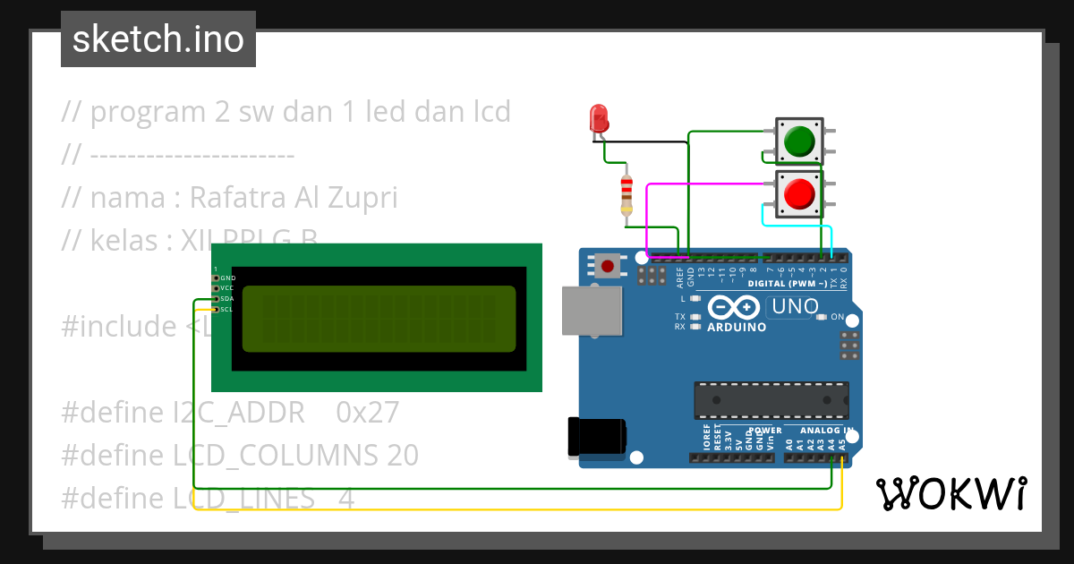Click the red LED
pos(599,118)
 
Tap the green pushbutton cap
pos(798,141)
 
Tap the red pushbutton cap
pos(798,193)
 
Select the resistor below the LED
pos(626,194)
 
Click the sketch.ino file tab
pos(158,39)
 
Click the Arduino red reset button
pos(609,265)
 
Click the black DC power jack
pos(594,438)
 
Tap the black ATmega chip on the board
pos(771,398)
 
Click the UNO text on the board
pos(794,307)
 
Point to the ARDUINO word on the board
pos(737,327)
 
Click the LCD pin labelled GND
pos(216,278)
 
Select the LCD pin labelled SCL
pos(216,309)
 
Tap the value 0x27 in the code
pos(367,413)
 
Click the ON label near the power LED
pos(838,317)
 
